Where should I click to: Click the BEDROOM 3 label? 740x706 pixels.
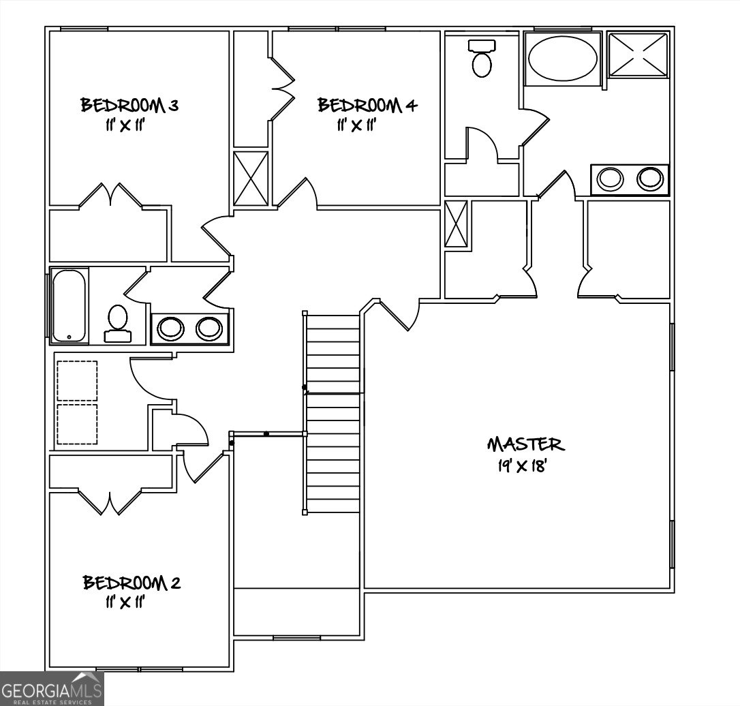129,106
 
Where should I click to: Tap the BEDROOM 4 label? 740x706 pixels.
367,106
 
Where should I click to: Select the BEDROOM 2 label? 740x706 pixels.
132,583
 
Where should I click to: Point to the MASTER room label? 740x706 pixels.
525,445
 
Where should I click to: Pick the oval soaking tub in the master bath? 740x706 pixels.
562,59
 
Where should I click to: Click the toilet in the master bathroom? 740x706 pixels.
482,60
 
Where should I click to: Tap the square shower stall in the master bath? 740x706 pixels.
637,55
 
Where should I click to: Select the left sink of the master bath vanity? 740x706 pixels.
609,179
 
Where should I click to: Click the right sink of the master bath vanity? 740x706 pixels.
649,179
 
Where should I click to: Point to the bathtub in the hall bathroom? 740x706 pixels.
69,305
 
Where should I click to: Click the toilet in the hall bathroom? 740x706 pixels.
118,322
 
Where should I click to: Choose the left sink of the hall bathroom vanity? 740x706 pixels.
170,328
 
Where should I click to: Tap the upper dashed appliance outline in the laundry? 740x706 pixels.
76,380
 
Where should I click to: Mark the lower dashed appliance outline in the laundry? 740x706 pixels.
76,424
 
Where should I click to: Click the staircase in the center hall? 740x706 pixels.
333,412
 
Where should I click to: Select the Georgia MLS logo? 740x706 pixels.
52,688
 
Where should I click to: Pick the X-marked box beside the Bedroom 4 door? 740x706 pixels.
251,178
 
